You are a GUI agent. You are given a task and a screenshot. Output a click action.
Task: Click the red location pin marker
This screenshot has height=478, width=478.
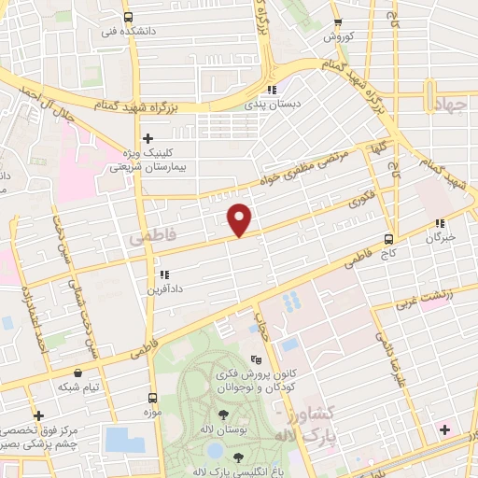coord(241,218)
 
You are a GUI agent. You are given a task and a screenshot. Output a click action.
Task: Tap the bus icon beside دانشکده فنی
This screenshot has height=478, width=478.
coord(128,17)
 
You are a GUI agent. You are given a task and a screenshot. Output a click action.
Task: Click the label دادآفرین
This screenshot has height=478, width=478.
coord(164,290)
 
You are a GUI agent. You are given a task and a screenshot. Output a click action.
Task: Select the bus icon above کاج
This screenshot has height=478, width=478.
coord(388,238)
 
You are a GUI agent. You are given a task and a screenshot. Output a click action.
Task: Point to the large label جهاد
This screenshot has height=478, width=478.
coord(449,104)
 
